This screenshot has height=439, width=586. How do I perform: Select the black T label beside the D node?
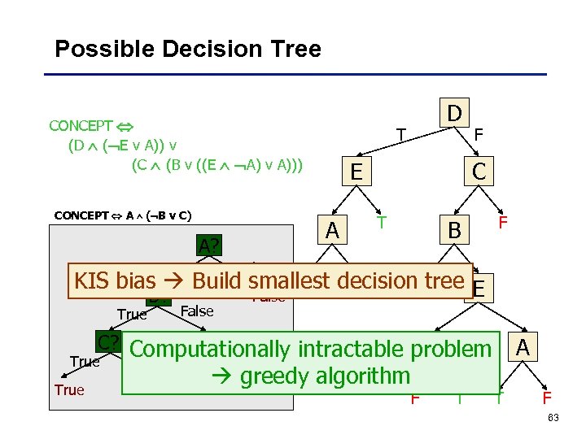400,134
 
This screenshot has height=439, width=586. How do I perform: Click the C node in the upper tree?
479,172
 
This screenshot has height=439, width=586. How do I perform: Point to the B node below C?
453,232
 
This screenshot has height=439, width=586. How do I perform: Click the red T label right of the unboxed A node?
379,221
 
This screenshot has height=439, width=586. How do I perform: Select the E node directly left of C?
356,172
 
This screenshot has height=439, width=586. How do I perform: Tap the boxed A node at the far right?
523,348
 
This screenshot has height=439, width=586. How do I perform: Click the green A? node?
208,245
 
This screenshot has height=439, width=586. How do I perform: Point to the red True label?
69,390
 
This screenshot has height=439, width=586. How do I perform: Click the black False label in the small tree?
196,311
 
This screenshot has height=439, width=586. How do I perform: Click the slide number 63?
554,419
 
